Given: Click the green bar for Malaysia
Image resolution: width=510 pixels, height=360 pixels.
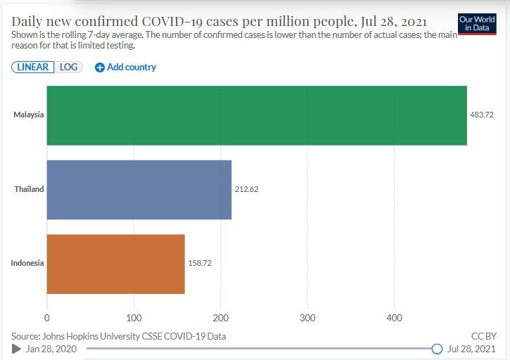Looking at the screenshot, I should coord(257,115).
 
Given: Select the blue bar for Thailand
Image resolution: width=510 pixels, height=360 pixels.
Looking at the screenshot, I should coord(139,189).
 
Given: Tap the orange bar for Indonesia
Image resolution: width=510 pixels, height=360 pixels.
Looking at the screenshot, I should coord(115,264).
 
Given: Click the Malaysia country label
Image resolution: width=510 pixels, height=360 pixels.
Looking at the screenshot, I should coord(29,115).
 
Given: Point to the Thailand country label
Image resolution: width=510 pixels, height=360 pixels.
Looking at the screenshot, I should coord(29,189).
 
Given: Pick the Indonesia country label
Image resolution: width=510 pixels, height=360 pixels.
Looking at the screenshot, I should coord(27,264).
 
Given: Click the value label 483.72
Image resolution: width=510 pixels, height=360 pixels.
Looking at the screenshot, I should coord(482,115).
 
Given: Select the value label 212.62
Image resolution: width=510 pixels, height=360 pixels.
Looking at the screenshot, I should coord(246,189).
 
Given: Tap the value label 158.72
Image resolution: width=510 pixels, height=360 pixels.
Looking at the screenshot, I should coord(200,264).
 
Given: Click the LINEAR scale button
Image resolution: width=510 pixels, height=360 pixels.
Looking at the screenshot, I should coord(32,67).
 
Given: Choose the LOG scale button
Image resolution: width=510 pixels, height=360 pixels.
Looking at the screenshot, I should coord(68,67).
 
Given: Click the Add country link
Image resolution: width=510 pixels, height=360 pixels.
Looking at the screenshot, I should coord(126,67).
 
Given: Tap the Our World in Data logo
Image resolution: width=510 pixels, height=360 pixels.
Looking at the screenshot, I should coord(476,22).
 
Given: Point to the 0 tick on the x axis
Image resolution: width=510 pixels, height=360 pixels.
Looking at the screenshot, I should coord(47,318).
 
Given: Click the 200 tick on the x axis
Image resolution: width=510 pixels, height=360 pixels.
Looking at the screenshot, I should coord(221,318).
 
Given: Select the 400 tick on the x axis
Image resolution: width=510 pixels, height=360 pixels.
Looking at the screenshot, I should coord(394,318).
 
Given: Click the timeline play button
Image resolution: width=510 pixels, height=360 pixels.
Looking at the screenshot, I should coord(16,349).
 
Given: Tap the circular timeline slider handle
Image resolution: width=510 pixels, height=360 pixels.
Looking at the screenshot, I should coord(437,349).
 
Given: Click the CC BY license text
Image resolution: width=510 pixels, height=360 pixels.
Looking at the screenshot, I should coord(484,336).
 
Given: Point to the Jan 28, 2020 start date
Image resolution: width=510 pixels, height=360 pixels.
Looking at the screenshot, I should coord(51,349).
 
